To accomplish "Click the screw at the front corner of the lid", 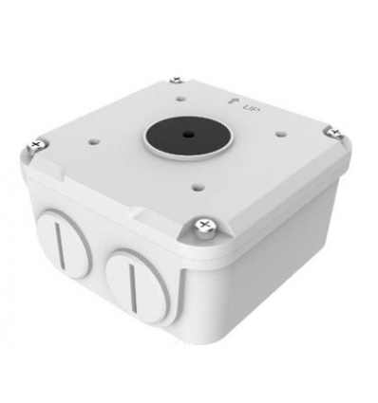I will tap(201, 227).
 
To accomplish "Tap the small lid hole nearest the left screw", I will tap(95, 142).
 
